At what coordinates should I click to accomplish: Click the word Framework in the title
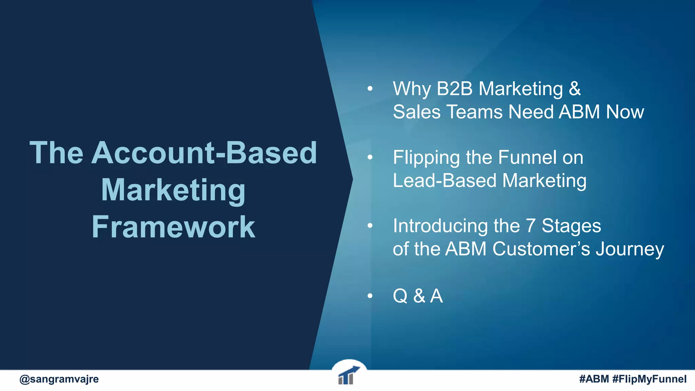[173, 227]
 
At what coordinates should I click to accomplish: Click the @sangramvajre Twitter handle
[59, 379]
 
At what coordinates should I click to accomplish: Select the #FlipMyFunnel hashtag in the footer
[650, 379]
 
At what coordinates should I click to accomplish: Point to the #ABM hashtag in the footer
[594, 379]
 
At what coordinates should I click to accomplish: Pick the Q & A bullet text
[418, 296]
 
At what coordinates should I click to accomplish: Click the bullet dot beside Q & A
[370, 296]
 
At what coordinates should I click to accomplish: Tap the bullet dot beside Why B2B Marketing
[370, 89]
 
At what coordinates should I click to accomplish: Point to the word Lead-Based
[445, 181]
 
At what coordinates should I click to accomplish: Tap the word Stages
[571, 226]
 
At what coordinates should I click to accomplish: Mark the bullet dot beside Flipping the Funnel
[370, 157]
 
